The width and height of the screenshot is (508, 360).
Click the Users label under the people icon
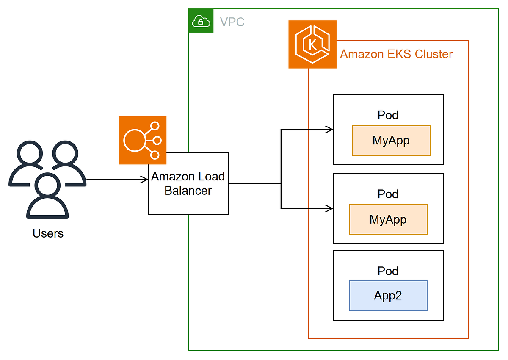48,233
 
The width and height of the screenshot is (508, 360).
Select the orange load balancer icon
142,140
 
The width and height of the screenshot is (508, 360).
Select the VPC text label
232,22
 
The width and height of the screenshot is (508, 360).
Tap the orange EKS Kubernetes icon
312,44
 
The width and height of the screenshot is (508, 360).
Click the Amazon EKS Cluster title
396,54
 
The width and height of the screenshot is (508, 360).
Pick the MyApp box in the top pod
391,140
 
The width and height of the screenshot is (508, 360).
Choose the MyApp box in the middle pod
388,219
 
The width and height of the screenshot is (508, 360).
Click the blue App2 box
388,295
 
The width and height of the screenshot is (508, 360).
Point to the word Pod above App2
388,271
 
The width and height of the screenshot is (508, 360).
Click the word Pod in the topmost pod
388,115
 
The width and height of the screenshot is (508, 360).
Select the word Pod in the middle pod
388,194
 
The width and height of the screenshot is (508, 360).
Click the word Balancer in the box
188,191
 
